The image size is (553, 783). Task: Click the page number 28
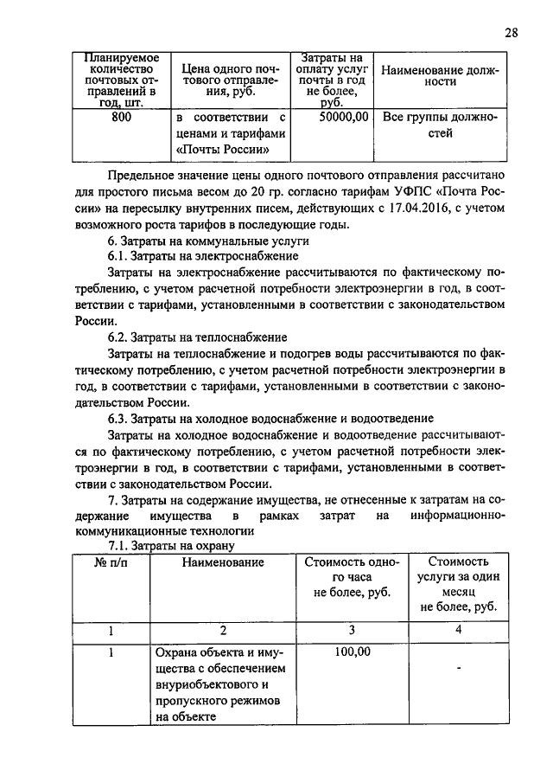point(511,33)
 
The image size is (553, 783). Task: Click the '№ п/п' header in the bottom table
point(111,563)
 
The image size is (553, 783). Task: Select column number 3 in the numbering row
point(352,630)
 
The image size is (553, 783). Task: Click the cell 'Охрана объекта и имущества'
point(222,684)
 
